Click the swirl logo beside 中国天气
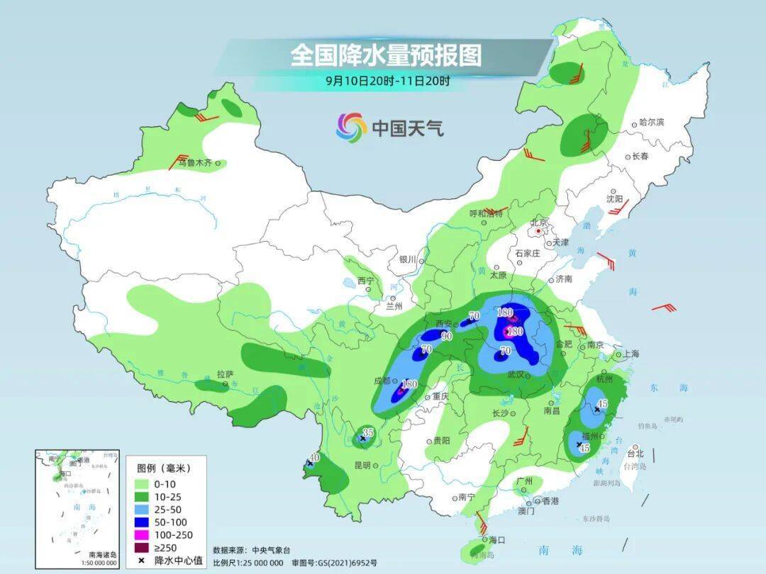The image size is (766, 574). [x=351, y=127]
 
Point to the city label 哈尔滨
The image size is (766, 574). [x=651, y=123]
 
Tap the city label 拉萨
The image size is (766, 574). [x=224, y=373]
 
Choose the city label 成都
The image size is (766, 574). [x=382, y=381]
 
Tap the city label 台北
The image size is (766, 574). [x=635, y=454]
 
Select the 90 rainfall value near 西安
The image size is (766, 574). [x=447, y=336]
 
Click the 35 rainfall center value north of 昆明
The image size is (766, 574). [x=367, y=432]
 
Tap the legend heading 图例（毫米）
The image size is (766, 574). [x=164, y=468]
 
